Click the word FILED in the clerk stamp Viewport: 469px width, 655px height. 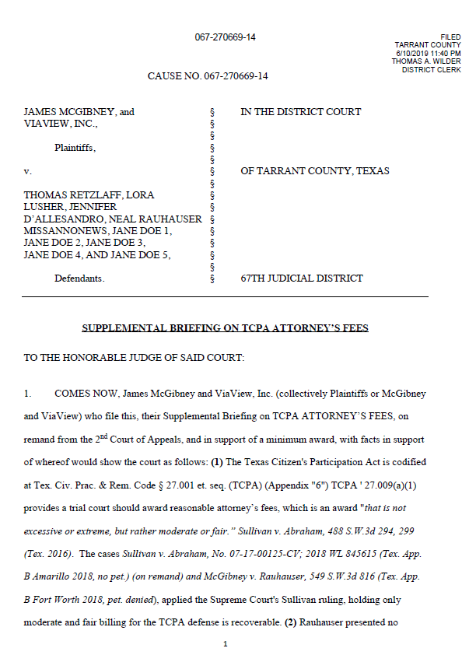point(450,37)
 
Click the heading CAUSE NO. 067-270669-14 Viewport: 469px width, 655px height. point(208,76)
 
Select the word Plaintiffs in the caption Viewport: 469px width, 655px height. point(75,147)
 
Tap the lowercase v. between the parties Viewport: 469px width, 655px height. point(28,170)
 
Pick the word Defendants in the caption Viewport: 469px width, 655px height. point(79,278)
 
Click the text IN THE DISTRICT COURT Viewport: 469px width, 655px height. point(300,112)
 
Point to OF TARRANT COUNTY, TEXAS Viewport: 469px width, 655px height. point(314,170)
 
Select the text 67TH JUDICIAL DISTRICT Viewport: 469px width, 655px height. point(302,278)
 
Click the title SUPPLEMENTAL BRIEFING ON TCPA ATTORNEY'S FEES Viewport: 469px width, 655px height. point(225,328)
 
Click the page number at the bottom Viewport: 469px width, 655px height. point(225,644)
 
